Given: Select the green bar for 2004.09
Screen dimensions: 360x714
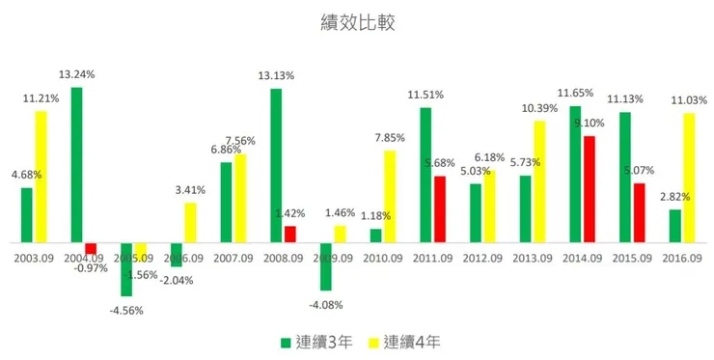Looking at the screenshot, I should point(76,164).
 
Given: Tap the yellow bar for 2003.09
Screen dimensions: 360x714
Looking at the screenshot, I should point(41,177).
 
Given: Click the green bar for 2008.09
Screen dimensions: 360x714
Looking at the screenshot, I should point(275,165).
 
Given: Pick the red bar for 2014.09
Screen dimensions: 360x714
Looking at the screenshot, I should point(590,189).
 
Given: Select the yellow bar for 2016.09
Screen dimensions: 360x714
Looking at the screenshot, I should point(690,178).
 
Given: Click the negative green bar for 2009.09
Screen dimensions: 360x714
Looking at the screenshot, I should point(326,265).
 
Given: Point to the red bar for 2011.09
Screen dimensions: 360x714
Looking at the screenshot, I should point(440,208).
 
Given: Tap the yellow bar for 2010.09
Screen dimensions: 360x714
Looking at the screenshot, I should point(390,196).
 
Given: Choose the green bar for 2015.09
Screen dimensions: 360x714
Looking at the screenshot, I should point(624,177).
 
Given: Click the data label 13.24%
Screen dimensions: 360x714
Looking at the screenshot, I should point(76,73).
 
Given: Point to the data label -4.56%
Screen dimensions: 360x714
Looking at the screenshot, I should point(125,310).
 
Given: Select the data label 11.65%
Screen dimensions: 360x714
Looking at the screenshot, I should point(576,93).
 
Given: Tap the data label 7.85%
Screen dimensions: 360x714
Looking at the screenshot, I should point(389,137).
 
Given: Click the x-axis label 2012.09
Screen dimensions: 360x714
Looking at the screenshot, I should point(481,258).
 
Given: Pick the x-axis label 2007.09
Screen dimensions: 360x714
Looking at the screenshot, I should point(232,258).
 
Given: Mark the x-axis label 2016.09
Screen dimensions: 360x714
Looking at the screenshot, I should point(681,258).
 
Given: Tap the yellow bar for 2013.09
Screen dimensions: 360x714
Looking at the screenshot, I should point(539,181).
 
